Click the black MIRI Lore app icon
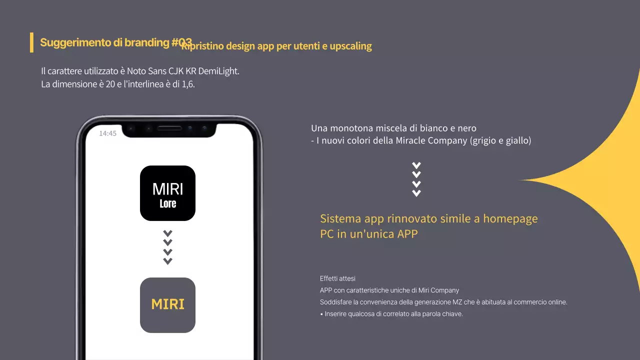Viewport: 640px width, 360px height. [x=167, y=193]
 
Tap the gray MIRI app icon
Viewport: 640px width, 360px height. [x=167, y=305]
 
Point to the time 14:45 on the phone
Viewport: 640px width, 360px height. [x=107, y=133]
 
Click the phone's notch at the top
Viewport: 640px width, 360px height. [x=170, y=129]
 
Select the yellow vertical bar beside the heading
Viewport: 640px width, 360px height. [x=31, y=42]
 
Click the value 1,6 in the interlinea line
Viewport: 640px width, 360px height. [x=188, y=84]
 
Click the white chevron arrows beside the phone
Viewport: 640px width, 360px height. [x=416, y=179]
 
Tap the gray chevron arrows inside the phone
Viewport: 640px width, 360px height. [x=168, y=247]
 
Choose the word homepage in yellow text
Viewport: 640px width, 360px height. [x=510, y=219]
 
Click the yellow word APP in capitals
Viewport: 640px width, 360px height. [x=407, y=233]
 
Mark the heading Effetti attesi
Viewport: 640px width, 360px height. [x=337, y=278]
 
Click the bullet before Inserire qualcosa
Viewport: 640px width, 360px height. [x=321, y=314]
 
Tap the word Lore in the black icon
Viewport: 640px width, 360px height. [x=168, y=203]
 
